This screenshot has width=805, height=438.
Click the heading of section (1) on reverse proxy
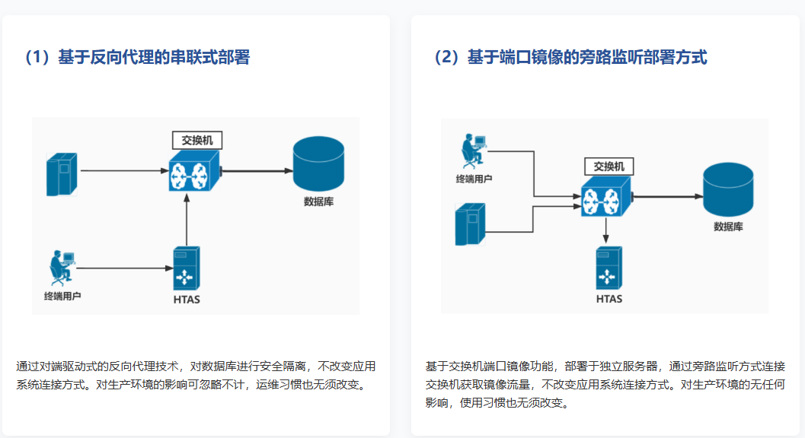[x=137, y=58]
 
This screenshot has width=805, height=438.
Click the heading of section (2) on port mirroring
[x=570, y=58]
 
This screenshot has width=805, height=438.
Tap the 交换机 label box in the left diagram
[x=196, y=140]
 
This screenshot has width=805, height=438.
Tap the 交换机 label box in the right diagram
[x=608, y=167]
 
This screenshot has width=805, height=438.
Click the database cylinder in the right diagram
[x=728, y=190]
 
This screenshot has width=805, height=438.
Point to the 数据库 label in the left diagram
[x=318, y=202]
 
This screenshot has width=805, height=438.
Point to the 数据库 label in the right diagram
[x=728, y=227]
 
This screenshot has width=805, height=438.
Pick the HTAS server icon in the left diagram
[x=187, y=268]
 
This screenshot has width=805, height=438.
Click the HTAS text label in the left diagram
[x=187, y=299]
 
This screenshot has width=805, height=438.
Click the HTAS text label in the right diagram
[x=609, y=299]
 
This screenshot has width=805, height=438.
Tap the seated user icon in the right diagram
[x=473, y=151]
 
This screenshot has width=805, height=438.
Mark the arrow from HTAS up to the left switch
[x=187, y=221]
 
